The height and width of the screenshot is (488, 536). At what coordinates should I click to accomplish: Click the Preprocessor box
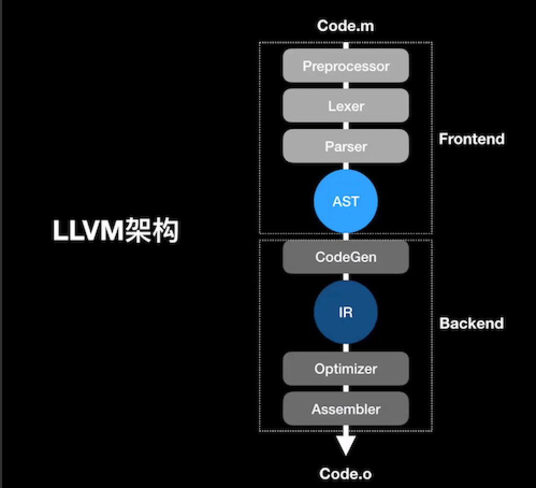[346, 66]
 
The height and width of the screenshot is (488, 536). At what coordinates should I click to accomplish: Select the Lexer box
[346, 106]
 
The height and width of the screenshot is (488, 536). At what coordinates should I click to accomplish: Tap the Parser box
[346, 146]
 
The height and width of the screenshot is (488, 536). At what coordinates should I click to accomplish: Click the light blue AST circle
[346, 202]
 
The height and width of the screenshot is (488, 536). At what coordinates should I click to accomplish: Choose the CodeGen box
[346, 257]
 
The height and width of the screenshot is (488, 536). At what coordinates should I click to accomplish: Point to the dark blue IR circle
[346, 312]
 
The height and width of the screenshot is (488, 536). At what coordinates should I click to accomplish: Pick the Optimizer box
[346, 369]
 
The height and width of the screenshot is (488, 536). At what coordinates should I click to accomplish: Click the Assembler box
[346, 409]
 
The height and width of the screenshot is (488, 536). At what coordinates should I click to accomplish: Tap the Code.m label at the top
[346, 26]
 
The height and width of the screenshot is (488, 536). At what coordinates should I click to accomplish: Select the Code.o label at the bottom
[346, 473]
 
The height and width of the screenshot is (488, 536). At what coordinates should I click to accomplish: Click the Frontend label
[472, 139]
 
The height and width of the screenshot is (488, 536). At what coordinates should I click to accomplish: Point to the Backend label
[472, 323]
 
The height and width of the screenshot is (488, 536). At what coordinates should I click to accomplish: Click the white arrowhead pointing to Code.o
[346, 444]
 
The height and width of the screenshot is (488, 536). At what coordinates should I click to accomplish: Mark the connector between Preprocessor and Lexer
[346, 85]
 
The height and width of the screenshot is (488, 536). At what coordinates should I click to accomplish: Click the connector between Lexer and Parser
[346, 126]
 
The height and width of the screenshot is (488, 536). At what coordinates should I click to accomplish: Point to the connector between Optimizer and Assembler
[346, 389]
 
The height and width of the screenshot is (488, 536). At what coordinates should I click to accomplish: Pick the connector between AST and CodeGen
[346, 237]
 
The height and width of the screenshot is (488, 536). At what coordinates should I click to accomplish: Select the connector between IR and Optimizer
[346, 348]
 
